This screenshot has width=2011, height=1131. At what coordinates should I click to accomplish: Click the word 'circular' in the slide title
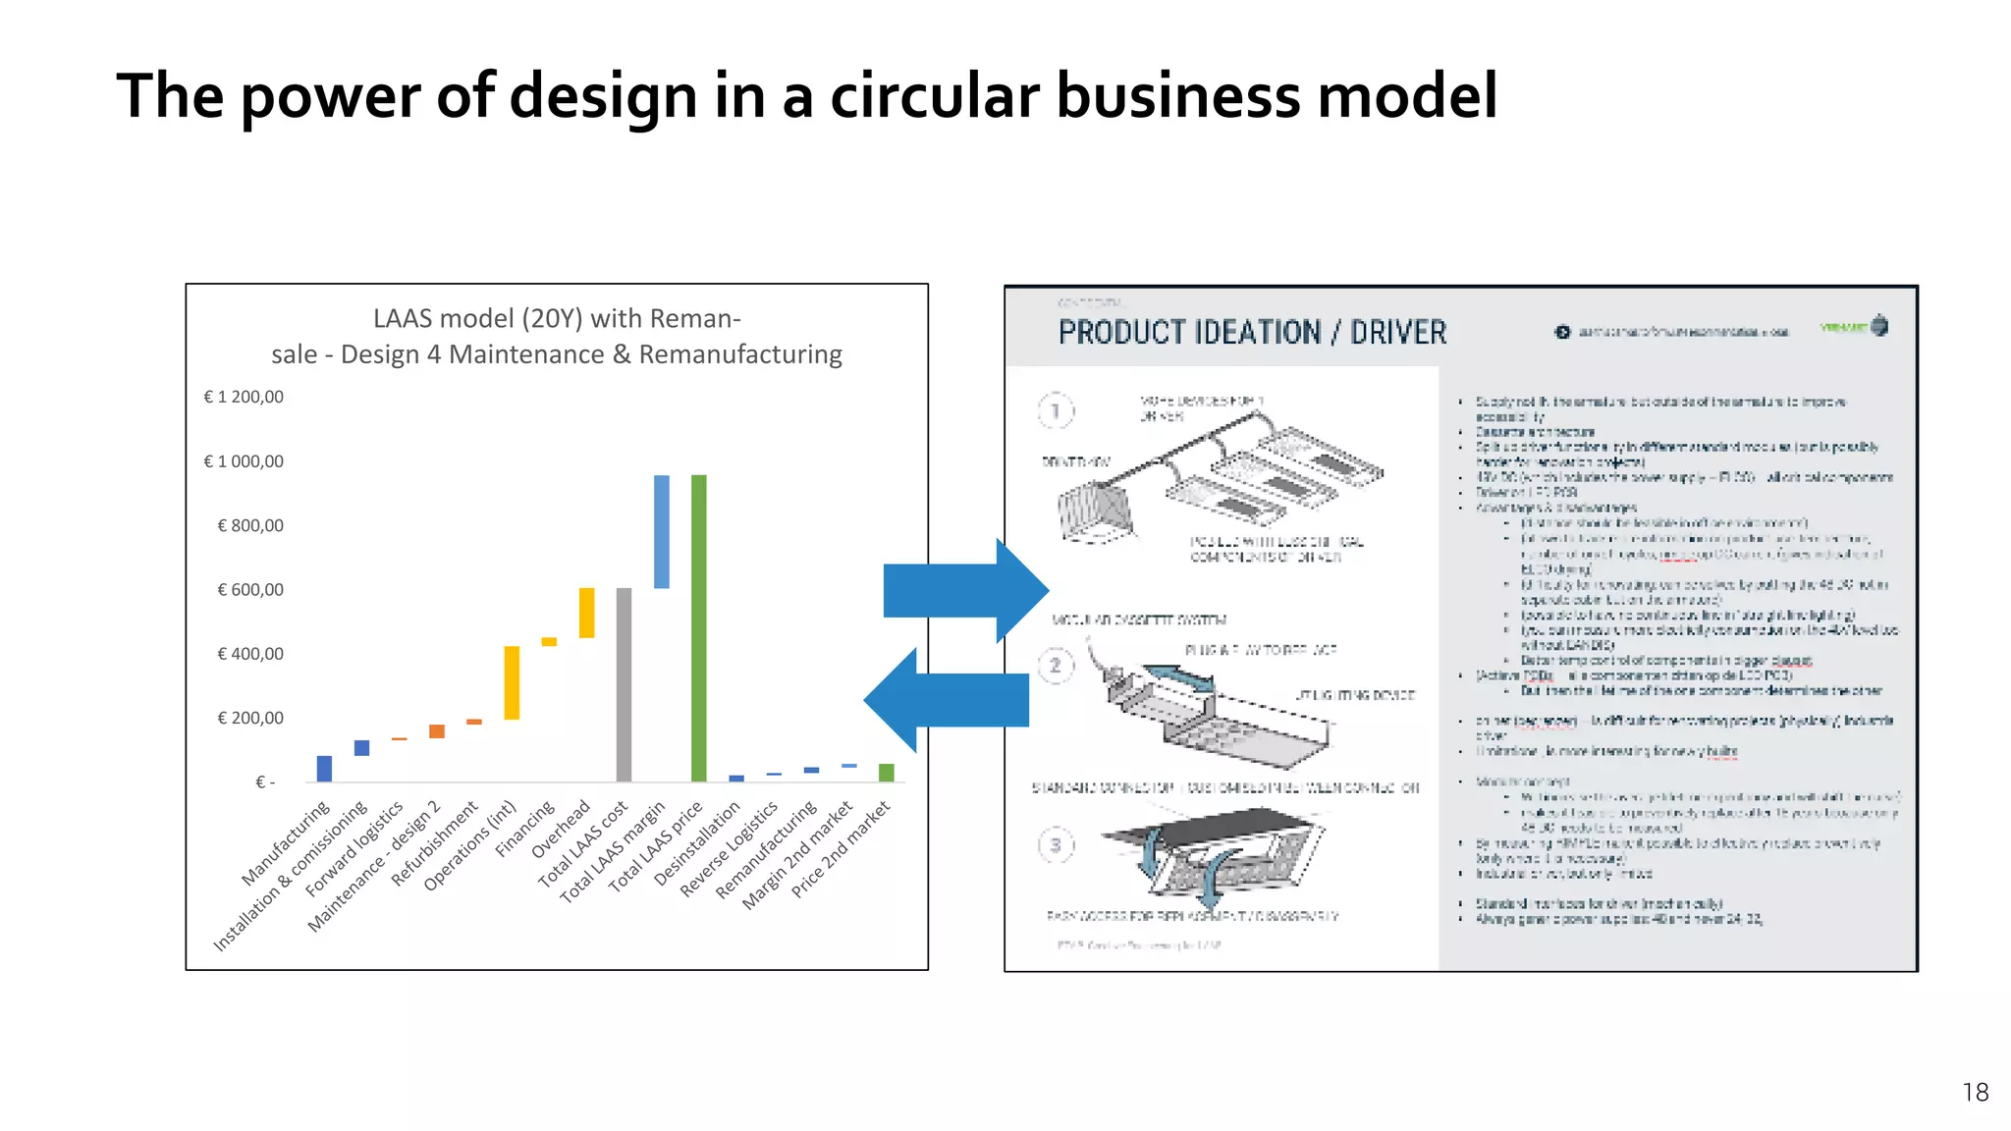coord(934,96)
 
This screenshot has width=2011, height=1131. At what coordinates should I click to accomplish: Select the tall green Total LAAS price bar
coord(699,628)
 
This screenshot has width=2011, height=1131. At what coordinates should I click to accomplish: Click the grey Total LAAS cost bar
coord(624,684)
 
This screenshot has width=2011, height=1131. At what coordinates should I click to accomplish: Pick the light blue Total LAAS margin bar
coord(662,531)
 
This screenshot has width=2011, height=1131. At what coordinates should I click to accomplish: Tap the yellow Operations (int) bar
coord(512,682)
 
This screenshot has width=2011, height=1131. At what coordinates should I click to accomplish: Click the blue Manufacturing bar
coord(324,768)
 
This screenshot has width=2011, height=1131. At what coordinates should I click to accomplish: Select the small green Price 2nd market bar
coord(886,772)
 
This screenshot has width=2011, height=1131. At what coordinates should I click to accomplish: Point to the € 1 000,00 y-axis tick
coord(244,461)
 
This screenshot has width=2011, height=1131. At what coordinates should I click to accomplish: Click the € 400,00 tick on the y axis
coord(250,654)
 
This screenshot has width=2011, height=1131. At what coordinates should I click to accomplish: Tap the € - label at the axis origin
coord(265,782)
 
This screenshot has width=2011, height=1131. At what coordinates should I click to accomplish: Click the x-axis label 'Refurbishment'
coord(435,843)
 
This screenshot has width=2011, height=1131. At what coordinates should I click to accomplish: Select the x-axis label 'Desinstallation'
coord(697,843)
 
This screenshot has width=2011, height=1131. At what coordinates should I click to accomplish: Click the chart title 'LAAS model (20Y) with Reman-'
coord(557,318)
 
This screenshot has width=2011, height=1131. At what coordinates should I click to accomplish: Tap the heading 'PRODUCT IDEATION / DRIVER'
coord(1252,333)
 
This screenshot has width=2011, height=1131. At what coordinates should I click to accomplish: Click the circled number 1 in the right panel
coord(1056,410)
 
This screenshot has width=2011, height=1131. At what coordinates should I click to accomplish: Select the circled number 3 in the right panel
coord(1056,844)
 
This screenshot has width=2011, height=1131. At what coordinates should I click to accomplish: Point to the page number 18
coord(1975,1092)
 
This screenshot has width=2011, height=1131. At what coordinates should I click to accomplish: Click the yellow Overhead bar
coord(586,613)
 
